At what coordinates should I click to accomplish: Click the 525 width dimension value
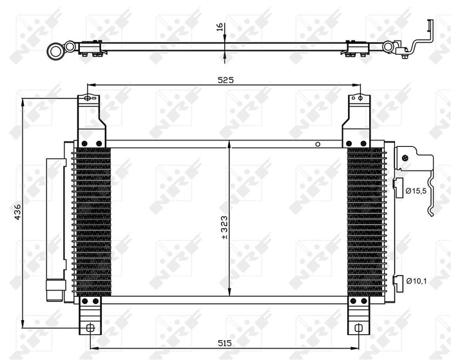(225, 80)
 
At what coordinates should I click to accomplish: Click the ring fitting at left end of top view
(57, 48)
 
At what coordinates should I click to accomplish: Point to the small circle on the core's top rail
(317, 144)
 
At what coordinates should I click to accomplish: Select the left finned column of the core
(93, 222)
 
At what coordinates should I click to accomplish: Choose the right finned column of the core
(365, 222)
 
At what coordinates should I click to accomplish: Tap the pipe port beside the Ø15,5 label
(398, 185)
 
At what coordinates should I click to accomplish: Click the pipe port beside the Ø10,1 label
(398, 279)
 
